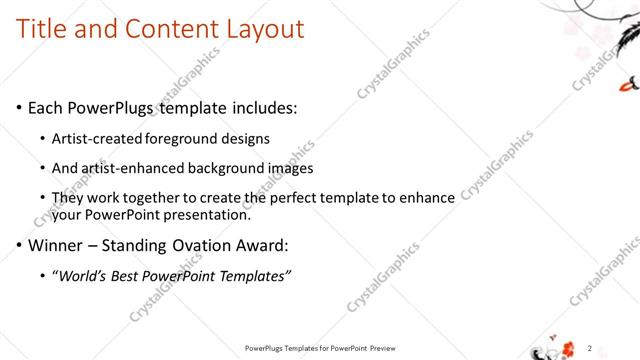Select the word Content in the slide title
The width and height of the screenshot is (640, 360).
pos(164,29)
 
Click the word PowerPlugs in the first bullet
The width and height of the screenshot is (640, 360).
pos(117,107)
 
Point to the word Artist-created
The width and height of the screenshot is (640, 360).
pos(98,138)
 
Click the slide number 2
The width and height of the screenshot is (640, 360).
pos(590,347)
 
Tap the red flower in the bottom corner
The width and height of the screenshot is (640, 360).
pos(569,348)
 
